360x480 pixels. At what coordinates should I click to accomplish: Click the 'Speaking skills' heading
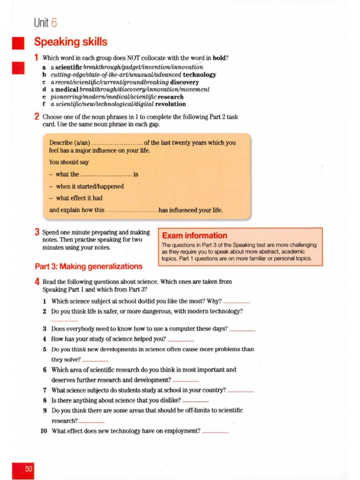(x=71, y=42)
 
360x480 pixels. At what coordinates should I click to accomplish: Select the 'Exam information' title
(x=195, y=236)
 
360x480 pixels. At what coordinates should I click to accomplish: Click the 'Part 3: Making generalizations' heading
(x=89, y=266)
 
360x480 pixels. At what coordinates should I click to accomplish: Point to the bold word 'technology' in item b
(x=200, y=75)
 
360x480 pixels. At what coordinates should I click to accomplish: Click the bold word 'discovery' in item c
(x=185, y=82)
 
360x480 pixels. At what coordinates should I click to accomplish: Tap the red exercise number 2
(x=37, y=117)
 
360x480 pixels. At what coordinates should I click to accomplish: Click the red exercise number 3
(x=37, y=232)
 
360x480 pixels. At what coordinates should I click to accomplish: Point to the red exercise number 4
(x=37, y=282)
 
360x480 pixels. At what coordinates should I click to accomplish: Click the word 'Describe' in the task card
(x=60, y=142)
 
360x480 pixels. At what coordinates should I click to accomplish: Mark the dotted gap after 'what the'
(x=107, y=174)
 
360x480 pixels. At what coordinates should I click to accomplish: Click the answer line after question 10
(x=215, y=432)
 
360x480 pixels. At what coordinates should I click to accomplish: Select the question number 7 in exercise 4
(x=45, y=390)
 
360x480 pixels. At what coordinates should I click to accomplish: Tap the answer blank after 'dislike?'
(x=195, y=402)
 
